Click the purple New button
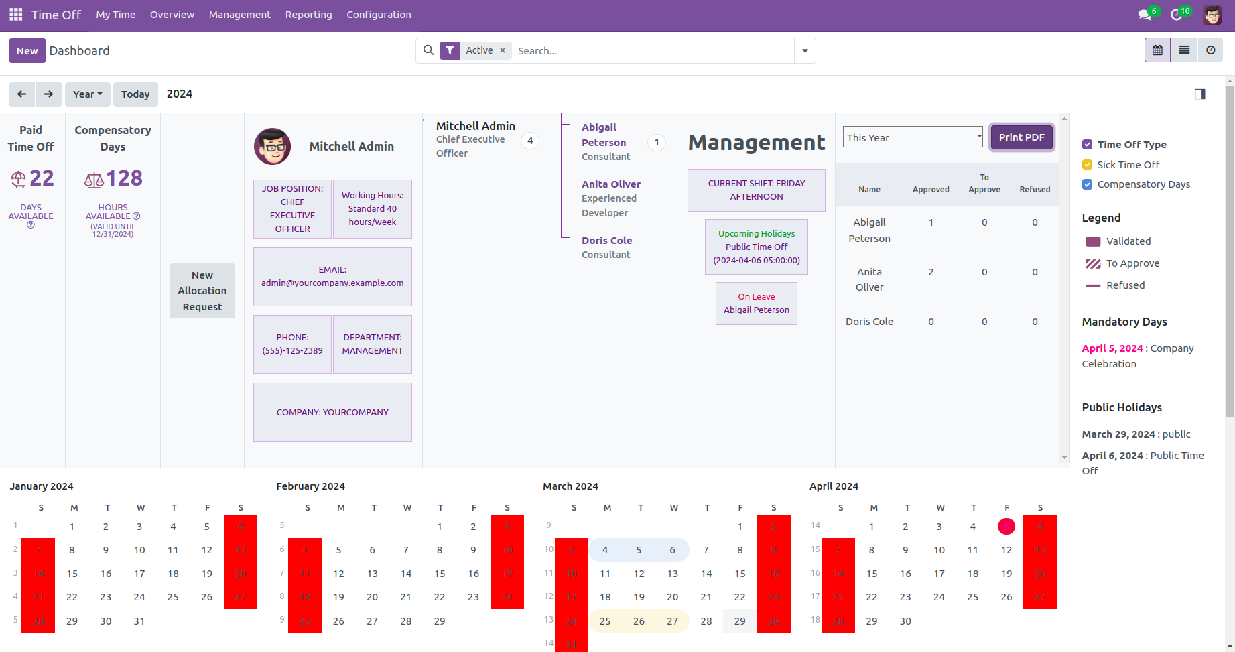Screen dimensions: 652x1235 27,51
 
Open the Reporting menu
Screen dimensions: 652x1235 308,15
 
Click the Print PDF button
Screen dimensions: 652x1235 1021,137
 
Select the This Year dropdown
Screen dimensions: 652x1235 912,137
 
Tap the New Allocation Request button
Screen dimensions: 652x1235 202,291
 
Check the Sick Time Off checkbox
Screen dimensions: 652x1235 1087,165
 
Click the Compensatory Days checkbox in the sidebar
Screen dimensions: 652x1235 1087,184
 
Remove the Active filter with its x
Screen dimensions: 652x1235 503,50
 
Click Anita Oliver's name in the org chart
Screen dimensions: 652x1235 610,184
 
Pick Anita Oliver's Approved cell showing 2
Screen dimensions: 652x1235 931,272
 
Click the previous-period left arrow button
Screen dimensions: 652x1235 21,94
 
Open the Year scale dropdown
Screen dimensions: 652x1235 87,94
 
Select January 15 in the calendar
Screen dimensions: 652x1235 72,574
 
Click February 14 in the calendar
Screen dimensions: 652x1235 406,574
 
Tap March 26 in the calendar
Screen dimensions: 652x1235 639,621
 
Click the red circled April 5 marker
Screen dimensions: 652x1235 1006,527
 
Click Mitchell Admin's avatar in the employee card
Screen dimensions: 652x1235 272,147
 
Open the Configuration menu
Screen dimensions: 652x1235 379,15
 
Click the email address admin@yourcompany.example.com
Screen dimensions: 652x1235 332,283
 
